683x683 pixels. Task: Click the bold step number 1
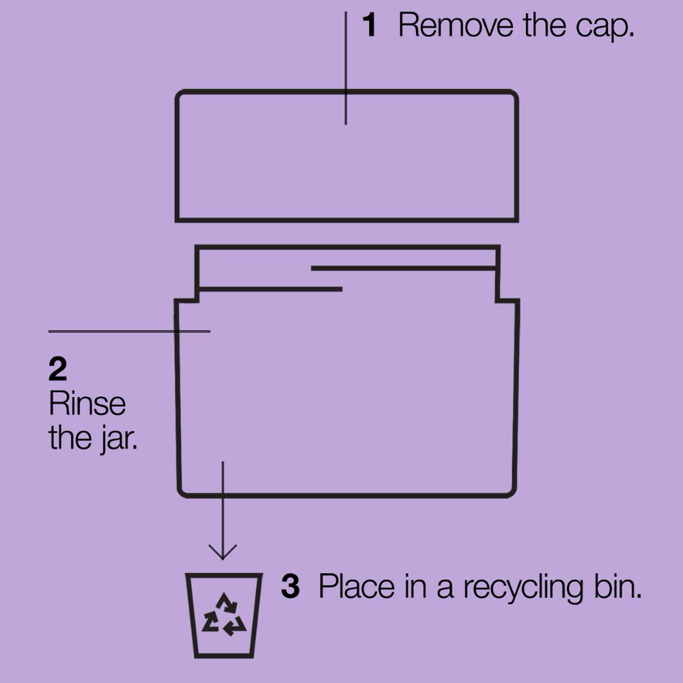370,25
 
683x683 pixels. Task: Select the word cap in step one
604,27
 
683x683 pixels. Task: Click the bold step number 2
58,369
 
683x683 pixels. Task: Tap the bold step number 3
290,586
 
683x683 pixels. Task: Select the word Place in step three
357,586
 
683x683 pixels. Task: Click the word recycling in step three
522,588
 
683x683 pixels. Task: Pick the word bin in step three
618,586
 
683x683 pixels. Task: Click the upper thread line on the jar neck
404,268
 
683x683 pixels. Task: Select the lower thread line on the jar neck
269,289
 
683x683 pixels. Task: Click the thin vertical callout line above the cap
346,68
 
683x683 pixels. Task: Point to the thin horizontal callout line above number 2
129,331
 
